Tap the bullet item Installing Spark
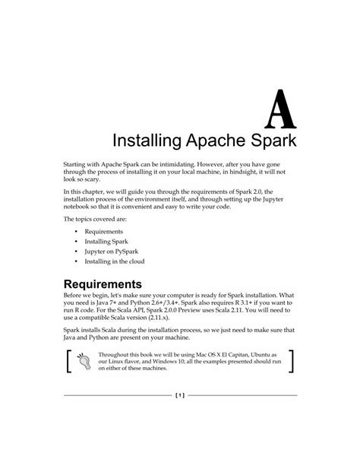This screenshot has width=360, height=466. (x=109, y=240)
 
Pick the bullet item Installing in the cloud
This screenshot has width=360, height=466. (x=114, y=261)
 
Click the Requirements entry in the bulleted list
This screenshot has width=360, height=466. (x=105, y=230)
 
